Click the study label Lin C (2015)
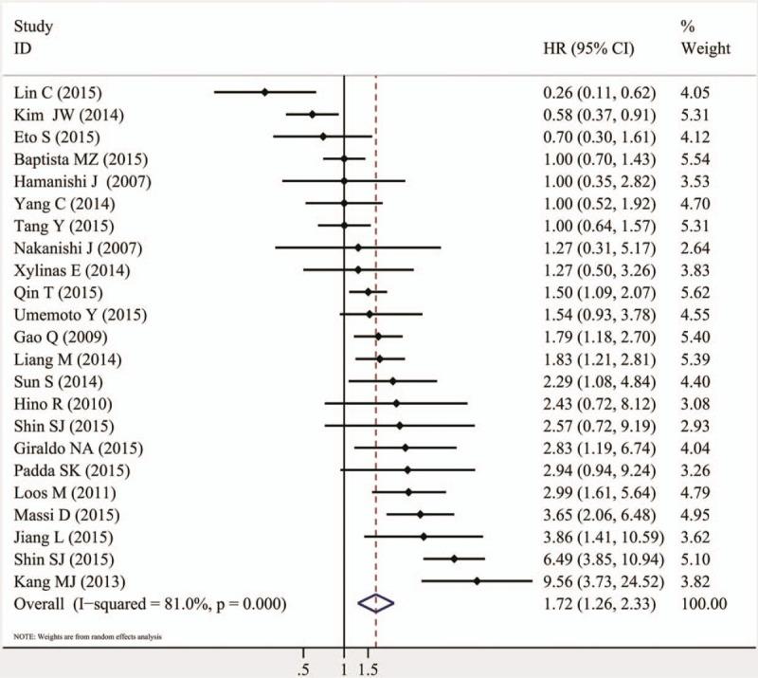tap(59, 92)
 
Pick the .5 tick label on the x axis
tap(303, 669)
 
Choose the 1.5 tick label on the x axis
tap(369, 669)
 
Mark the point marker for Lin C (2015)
tap(264, 92)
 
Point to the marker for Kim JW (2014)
tap(312, 115)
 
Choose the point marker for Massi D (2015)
tap(420, 514)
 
